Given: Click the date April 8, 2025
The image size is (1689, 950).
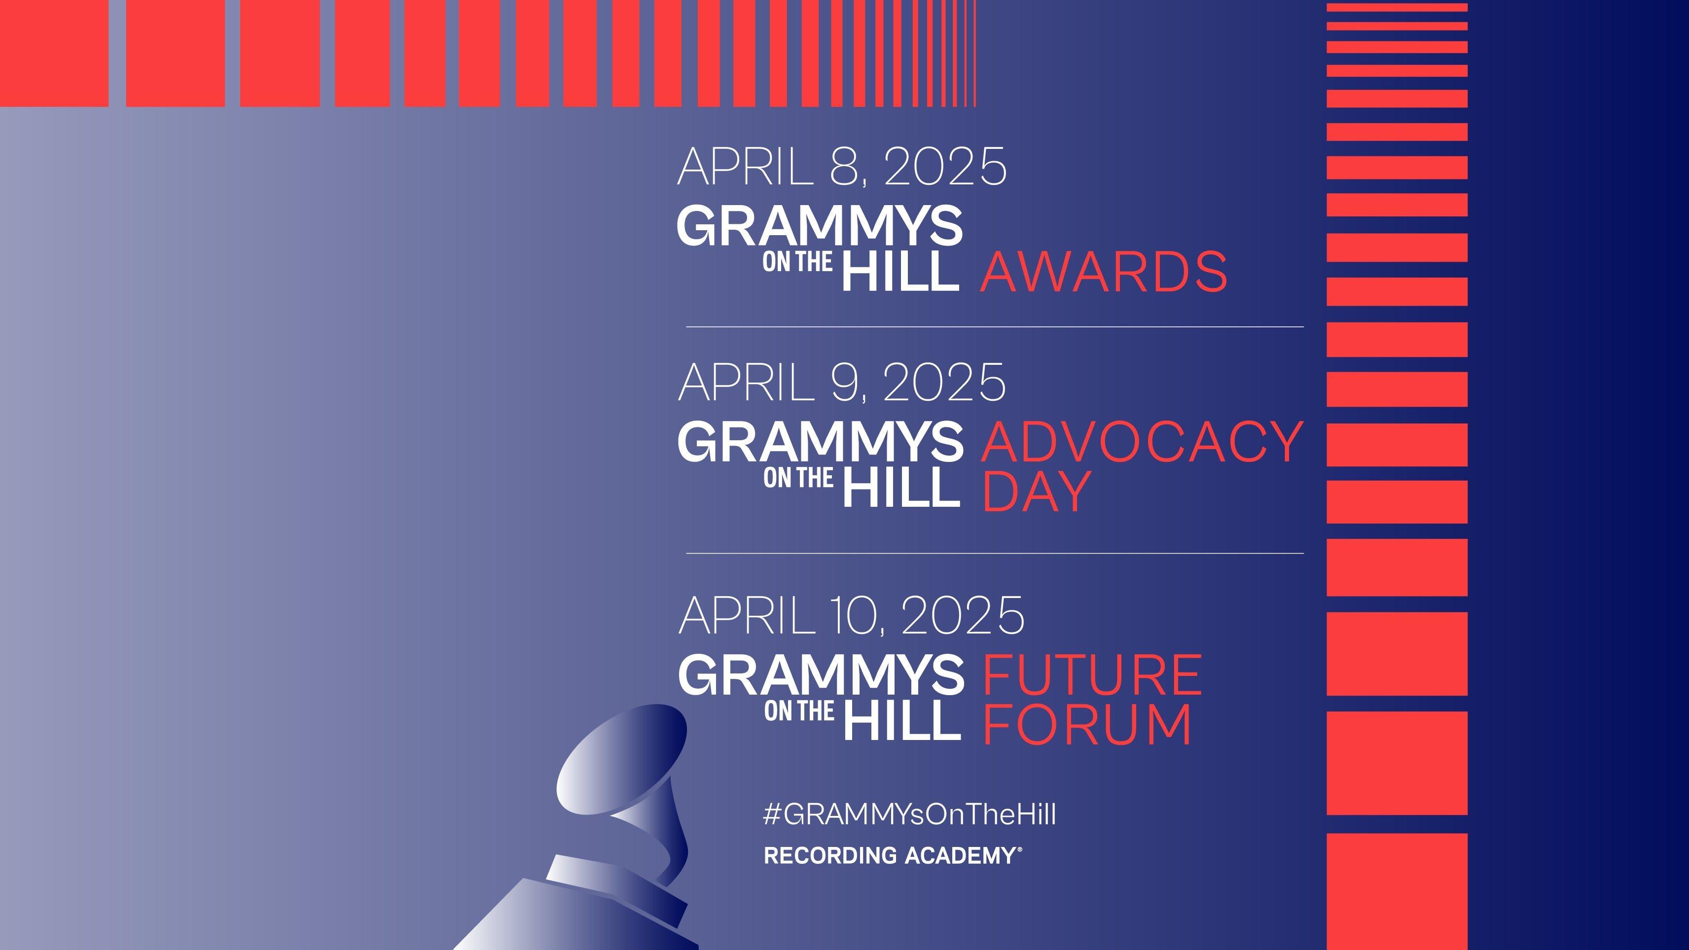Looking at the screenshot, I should click(x=841, y=167).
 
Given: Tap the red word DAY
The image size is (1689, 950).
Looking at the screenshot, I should click(x=1036, y=491).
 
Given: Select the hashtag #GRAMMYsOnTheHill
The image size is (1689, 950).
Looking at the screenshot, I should click(x=909, y=814).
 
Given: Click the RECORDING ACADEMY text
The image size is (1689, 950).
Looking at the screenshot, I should click(x=892, y=855).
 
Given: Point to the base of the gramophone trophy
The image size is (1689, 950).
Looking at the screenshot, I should click(x=577, y=918).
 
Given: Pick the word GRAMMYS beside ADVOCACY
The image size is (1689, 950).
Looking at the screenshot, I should click(x=820, y=441).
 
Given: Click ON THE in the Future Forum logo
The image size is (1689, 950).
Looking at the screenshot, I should click(x=798, y=711).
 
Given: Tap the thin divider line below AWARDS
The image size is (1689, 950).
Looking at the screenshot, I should click(x=994, y=326).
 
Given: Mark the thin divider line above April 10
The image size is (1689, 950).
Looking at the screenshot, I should click(x=994, y=553).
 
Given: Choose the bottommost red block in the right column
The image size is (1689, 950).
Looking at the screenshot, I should click(x=1397, y=892).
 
